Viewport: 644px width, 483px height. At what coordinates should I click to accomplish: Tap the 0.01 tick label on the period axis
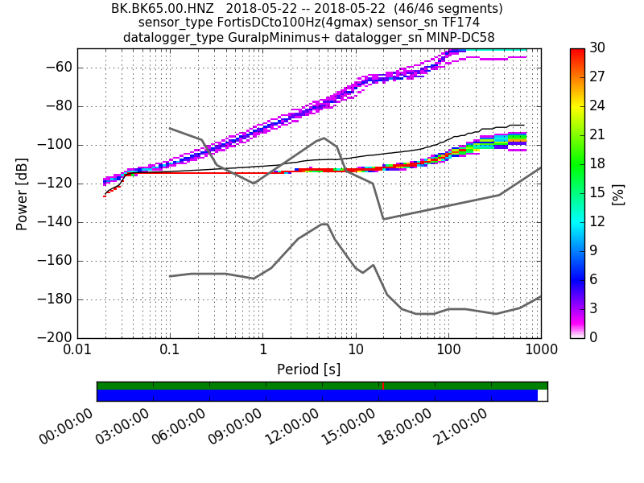[77, 351]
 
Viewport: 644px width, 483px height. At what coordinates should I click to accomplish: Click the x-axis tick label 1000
[540, 351]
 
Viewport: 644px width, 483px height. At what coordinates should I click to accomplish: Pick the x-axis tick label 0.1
[170, 351]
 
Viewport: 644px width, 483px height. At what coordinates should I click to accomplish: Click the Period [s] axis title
[309, 369]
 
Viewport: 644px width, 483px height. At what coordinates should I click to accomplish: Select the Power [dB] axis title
[22, 193]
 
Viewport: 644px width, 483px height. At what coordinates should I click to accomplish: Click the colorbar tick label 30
[598, 48]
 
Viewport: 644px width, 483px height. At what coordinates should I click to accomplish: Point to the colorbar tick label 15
[598, 193]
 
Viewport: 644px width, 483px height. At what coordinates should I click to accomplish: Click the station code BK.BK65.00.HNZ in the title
[162, 9]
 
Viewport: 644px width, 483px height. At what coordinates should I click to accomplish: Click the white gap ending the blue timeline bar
[543, 395]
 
